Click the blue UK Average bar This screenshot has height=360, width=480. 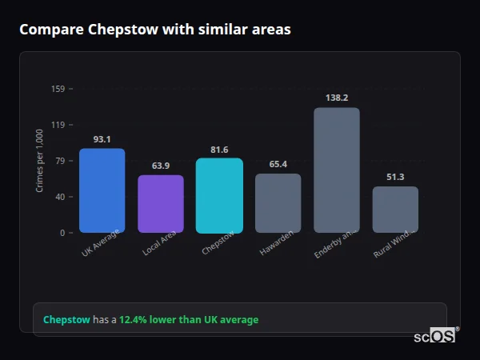102,190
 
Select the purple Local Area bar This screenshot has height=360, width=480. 160,204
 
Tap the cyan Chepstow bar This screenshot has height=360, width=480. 219,195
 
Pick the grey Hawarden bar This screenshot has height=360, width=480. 278,203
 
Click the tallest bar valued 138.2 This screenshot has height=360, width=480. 337,170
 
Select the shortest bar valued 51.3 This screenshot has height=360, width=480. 395,210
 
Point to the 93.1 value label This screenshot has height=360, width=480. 102,139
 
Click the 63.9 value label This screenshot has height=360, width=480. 160,166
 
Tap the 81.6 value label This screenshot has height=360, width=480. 219,150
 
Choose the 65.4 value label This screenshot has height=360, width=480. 278,164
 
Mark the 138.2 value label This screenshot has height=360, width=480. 337,98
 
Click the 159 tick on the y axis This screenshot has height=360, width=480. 58,89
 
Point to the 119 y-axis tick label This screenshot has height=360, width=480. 58,125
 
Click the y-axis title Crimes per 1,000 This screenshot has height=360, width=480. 40,161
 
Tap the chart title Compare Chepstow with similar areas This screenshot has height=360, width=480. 155,30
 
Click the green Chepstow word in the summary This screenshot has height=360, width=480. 66,320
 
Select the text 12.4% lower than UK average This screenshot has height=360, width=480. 189,320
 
